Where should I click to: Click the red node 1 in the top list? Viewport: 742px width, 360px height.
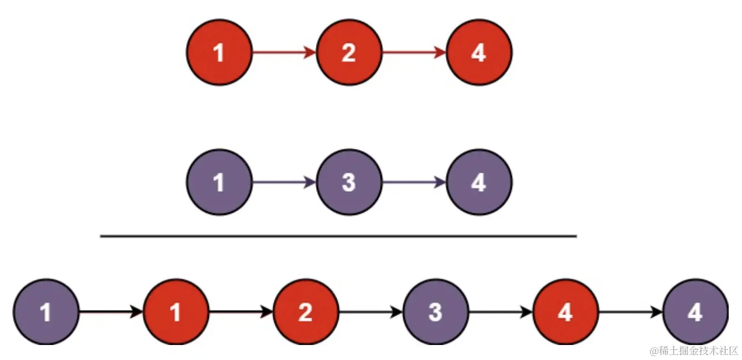[x=219, y=53]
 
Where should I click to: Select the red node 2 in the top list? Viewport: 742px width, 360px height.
[x=349, y=53]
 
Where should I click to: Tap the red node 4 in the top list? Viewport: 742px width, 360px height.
[x=479, y=53]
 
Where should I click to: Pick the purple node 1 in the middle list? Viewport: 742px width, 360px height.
[x=219, y=182]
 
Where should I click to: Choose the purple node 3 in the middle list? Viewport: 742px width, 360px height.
[x=349, y=182]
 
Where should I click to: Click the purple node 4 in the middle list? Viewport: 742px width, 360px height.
[x=479, y=182]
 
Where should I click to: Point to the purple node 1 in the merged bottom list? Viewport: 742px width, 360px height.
[x=46, y=312]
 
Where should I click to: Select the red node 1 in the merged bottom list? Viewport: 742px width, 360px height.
[x=176, y=312]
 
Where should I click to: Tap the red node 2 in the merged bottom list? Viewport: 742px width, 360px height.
[x=305, y=312]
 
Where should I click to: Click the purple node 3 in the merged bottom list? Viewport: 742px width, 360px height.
[x=435, y=312]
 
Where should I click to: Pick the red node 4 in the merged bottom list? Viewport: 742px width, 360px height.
[x=565, y=312]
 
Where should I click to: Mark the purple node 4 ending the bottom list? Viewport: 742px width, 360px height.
[x=695, y=312]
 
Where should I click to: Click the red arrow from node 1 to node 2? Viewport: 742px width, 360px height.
[x=284, y=53]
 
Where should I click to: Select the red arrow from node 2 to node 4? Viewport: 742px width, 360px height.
[x=414, y=53]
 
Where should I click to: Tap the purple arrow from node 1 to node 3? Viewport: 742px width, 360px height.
[x=284, y=182]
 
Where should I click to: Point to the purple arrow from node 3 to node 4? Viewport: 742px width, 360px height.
[x=414, y=182]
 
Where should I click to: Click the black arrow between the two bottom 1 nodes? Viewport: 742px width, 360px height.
[x=111, y=312]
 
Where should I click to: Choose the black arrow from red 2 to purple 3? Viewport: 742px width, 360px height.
[x=370, y=312]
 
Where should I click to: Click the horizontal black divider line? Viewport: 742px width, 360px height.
[x=338, y=236]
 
